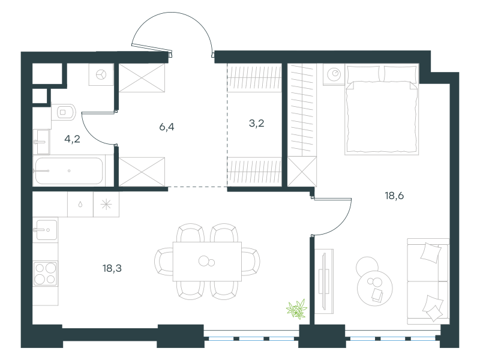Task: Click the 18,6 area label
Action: [394, 196]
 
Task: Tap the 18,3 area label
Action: [112, 268]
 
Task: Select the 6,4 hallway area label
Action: [167, 127]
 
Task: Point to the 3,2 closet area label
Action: [257, 124]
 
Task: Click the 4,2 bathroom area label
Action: [72, 139]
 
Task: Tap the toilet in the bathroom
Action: [64, 112]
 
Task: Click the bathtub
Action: [69, 170]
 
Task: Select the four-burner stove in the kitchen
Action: [46, 274]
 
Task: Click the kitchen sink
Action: [46, 230]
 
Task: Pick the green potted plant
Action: [296, 308]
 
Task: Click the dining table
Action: [207, 262]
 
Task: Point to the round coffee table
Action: [374, 288]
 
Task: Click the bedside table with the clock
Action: [334, 74]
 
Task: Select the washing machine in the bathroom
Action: [101, 74]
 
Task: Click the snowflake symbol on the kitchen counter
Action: [106, 205]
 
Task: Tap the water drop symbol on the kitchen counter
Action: [80, 205]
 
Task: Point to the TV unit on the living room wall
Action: [324, 281]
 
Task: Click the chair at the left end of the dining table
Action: [163, 262]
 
